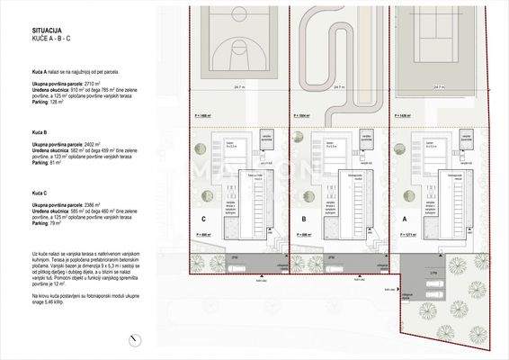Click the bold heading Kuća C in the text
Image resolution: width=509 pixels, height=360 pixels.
tap(39, 193)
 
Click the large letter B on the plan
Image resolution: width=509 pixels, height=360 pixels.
tap(305, 219)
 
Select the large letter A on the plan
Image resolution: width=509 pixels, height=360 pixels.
tap(405, 219)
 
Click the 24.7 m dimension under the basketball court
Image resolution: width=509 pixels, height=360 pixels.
tap(237, 87)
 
